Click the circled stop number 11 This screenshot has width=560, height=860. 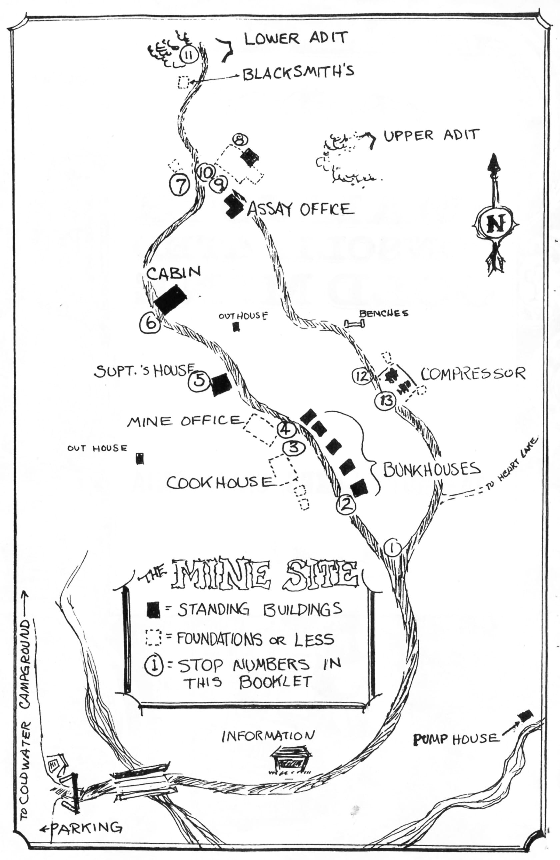click(188, 55)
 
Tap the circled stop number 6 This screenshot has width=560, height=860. click(150, 323)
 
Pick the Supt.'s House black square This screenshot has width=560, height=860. click(221, 384)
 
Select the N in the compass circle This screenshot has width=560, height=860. click(495, 225)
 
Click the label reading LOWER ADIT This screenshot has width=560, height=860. click(296, 38)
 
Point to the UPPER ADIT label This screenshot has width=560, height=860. click(431, 136)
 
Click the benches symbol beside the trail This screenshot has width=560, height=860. click(354, 324)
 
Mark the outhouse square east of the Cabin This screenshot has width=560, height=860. click(236, 327)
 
